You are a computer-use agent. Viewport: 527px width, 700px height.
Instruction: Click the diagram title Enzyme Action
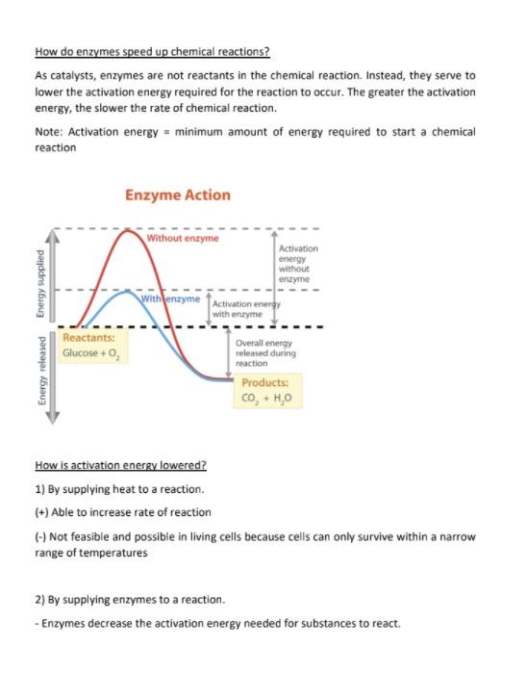(177, 195)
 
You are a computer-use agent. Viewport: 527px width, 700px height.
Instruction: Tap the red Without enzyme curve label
(183, 238)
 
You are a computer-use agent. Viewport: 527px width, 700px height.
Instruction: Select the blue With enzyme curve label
(170, 299)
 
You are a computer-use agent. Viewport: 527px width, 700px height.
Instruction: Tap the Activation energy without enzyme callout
(297, 263)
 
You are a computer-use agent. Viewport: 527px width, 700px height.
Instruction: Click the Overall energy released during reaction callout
(265, 352)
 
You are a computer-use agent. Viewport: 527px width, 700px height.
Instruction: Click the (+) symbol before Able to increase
(41, 512)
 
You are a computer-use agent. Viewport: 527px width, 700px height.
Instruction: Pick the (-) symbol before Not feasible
(40, 536)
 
